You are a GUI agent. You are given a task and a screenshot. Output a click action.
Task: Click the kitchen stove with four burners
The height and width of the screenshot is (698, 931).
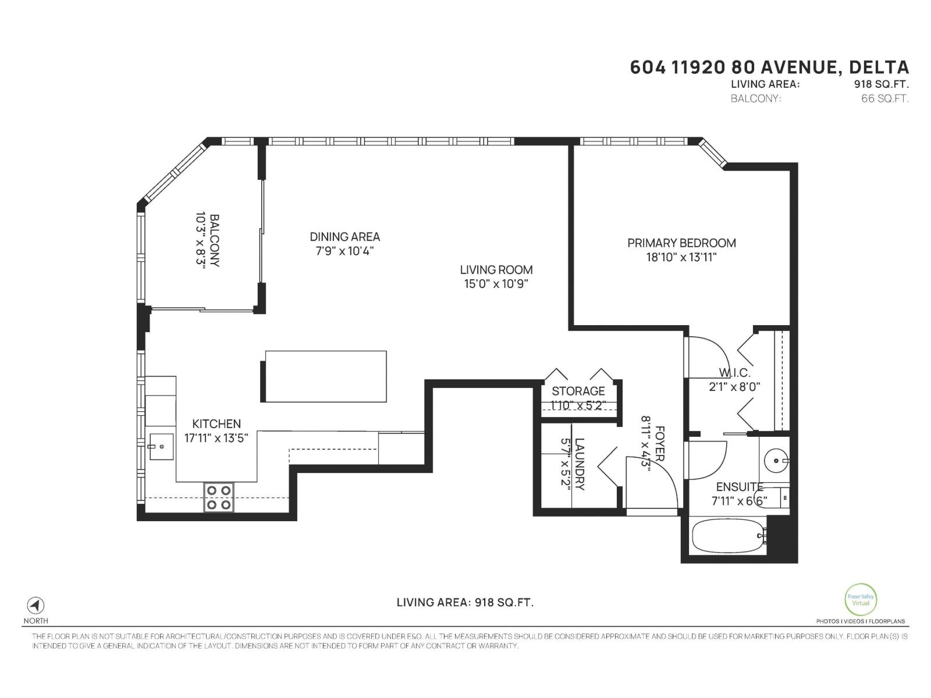219,497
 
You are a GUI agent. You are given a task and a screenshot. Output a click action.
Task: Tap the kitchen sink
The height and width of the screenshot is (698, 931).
161,447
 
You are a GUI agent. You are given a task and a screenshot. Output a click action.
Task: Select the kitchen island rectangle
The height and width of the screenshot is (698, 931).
326,376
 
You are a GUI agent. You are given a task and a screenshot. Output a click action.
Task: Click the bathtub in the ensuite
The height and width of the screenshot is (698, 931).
727,535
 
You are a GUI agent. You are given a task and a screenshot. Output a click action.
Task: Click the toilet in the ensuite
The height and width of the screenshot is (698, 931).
777,497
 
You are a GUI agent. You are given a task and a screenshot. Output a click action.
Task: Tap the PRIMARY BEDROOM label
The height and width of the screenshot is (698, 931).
681,243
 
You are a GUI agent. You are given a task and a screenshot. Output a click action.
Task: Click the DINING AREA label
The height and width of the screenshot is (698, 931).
344,237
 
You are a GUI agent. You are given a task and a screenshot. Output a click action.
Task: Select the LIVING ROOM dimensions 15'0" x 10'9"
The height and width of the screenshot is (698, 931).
496,284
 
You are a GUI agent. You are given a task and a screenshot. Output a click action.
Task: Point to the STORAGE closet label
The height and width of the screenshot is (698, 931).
578,391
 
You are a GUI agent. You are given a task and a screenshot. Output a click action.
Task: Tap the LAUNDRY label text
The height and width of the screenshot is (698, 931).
580,464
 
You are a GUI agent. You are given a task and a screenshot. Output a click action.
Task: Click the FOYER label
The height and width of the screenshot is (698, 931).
660,443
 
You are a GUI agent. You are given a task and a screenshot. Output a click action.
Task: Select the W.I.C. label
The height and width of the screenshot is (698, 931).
734,373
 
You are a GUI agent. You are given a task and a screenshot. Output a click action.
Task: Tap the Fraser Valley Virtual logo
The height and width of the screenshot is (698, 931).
861,599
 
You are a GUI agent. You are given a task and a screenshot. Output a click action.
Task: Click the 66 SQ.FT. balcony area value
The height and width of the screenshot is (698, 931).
884,98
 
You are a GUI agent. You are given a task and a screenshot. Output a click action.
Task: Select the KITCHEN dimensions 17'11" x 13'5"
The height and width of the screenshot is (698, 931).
216,439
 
